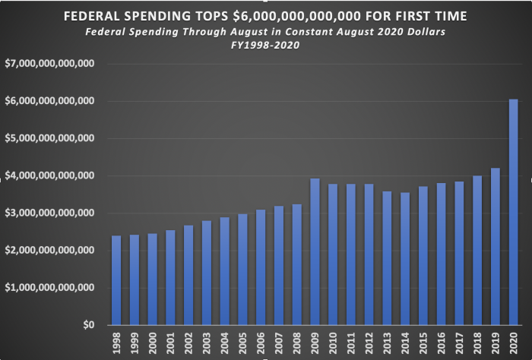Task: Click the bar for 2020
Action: (x=513, y=212)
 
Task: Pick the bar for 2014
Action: (x=405, y=259)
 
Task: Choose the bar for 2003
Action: (x=207, y=273)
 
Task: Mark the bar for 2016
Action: (x=441, y=254)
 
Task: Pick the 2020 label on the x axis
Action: (x=513, y=342)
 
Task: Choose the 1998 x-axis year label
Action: (x=116, y=342)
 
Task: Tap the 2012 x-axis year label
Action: (x=369, y=342)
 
